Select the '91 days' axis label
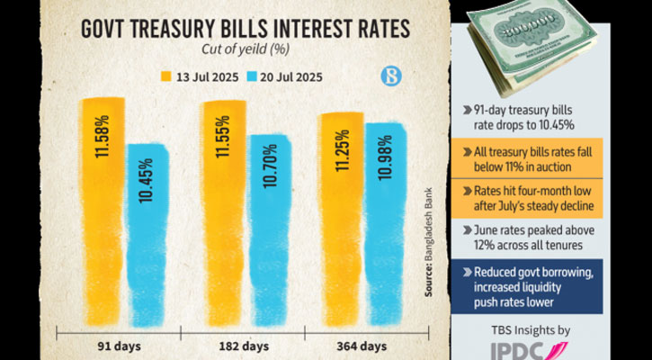coord(118,346)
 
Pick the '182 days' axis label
coord(244,346)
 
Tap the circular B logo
coord(390,75)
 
